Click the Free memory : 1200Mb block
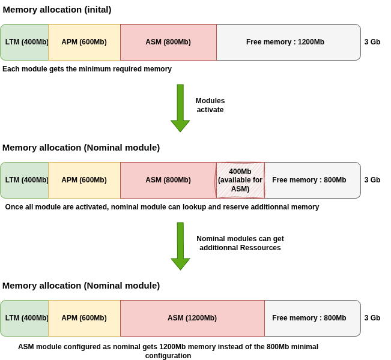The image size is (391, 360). click(288, 42)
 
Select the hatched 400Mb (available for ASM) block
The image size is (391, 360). click(240, 180)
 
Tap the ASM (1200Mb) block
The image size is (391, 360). click(192, 318)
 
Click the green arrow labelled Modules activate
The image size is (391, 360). click(180, 108)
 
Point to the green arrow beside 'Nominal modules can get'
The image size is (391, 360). click(180, 246)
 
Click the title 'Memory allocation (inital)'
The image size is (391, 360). click(57, 10)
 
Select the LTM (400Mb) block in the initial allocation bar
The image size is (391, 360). click(25, 42)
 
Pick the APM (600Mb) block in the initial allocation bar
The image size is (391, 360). click(84, 42)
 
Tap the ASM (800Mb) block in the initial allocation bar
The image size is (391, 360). click(168, 42)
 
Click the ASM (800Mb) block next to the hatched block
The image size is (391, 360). click(168, 180)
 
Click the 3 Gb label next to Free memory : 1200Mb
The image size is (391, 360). click(372, 42)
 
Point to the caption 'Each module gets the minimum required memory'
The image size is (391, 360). click(87, 69)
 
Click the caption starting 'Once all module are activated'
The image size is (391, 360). click(162, 207)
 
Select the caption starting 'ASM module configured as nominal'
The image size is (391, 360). click(168, 351)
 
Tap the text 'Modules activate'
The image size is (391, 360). click(210, 105)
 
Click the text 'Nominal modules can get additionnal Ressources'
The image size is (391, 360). click(240, 243)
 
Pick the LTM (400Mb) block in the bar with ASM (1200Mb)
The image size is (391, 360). click(25, 318)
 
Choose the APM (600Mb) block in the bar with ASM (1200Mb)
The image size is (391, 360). click(84, 318)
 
